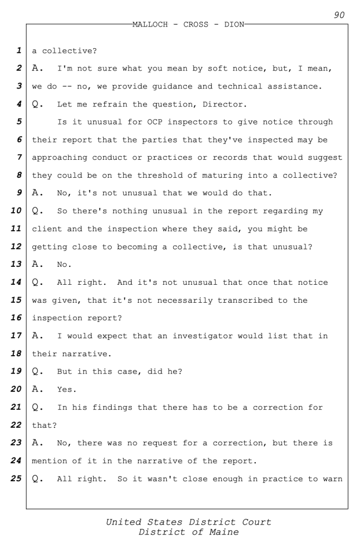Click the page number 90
click(339, 15)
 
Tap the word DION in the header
click(235, 25)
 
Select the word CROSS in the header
click(195, 25)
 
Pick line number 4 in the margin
click(19, 104)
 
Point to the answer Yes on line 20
click(67, 390)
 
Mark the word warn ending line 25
click(332, 479)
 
